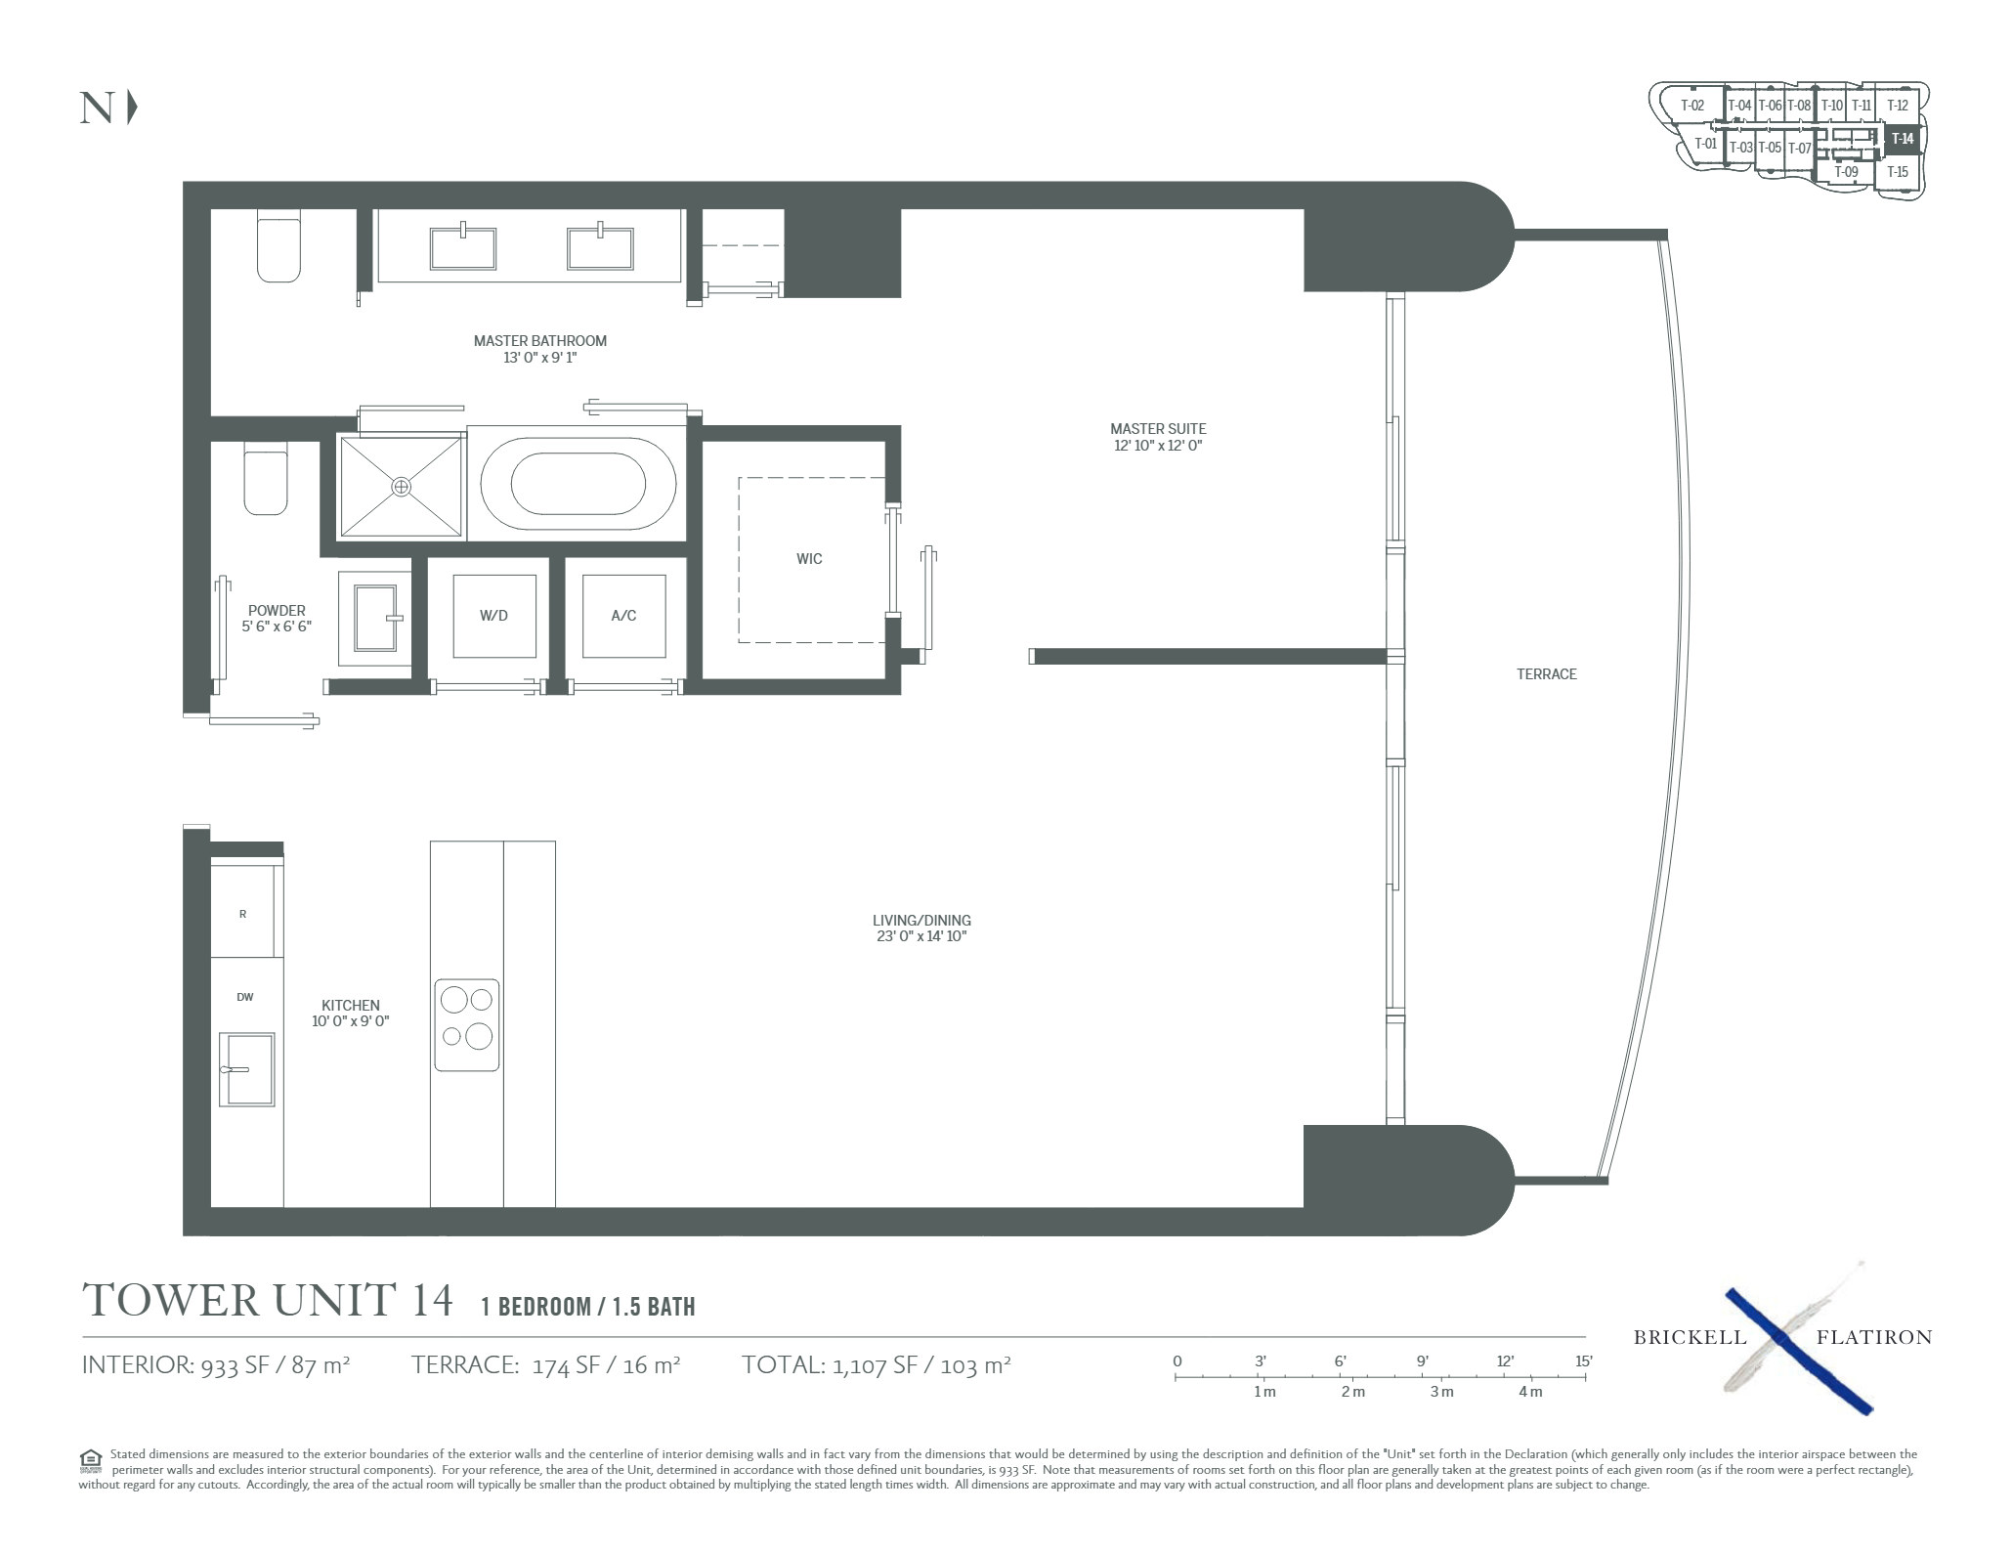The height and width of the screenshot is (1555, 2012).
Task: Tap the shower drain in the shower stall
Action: pyautogui.click(x=402, y=486)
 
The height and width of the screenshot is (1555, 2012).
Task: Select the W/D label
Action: pyautogui.click(x=493, y=616)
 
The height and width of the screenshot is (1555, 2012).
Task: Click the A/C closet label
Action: pyautogui.click(x=623, y=616)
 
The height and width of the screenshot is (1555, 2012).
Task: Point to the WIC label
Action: pyautogui.click(x=809, y=559)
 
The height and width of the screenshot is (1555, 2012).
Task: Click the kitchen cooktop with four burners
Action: pyautogui.click(x=467, y=1025)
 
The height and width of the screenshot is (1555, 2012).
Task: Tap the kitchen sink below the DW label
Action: pyautogui.click(x=246, y=1069)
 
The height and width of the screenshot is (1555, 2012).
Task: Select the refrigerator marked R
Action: pyautogui.click(x=243, y=914)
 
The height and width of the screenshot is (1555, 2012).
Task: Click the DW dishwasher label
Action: pyautogui.click(x=244, y=997)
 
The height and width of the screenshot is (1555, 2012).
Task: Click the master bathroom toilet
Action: pyautogui.click(x=278, y=246)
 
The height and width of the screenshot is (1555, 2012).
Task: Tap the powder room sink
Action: pyautogui.click(x=376, y=618)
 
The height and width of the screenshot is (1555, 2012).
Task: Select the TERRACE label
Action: pyautogui.click(x=1547, y=674)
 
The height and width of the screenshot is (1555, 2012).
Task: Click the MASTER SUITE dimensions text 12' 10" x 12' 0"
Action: pyautogui.click(x=1158, y=446)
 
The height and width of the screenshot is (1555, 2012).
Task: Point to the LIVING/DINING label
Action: pyautogui.click(x=921, y=921)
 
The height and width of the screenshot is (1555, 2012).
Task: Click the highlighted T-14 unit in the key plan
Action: pyautogui.click(x=1903, y=139)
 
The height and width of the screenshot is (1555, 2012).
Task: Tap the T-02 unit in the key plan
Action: pyautogui.click(x=1692, y=106)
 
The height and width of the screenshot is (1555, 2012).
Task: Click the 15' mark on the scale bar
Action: pyautogui.click(x=1584, y=1361)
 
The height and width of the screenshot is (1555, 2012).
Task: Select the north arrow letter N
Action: pyautogui.click(x=97, y=108)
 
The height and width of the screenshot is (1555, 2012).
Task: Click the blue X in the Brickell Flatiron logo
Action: pyautogui.click(x=1798, y=1351)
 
